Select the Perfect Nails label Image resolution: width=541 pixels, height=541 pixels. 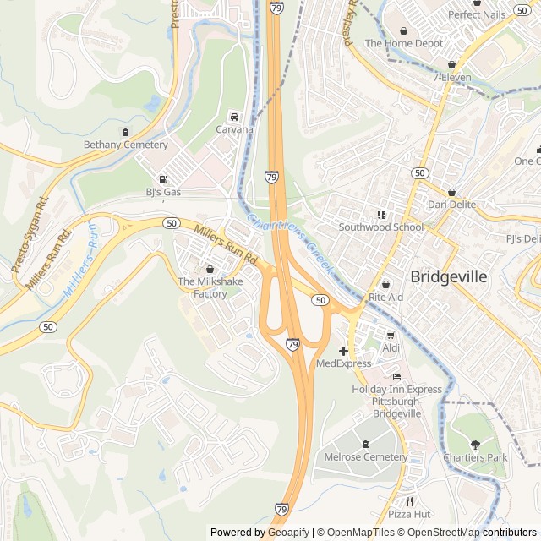pos(476,14)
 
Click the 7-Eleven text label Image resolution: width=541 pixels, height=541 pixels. pos(451,77)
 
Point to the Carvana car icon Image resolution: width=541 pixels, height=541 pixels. pos(234,117)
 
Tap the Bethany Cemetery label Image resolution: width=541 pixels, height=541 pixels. pos(125,145)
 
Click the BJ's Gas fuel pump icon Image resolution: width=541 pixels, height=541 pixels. pos(163,179)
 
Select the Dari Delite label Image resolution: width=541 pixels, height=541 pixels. pos(451,205)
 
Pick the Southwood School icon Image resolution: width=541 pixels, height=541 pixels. pos(381,215)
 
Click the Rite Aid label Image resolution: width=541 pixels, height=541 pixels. pos(386,298)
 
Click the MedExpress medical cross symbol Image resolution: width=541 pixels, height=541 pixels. pos(344,351)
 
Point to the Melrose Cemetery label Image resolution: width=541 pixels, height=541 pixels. pos(365,456)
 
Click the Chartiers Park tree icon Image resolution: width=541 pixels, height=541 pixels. pos(474,445)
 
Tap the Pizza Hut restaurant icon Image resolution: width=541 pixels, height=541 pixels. pos(410,500)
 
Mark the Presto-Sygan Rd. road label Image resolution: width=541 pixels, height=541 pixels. pos(30,234)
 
